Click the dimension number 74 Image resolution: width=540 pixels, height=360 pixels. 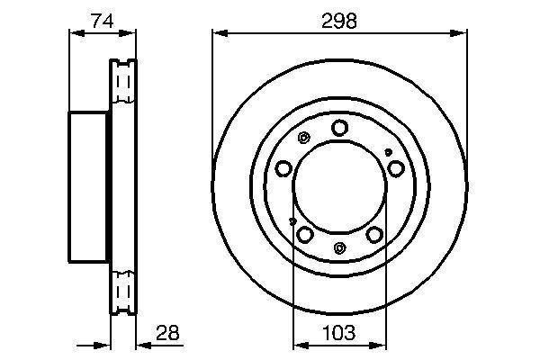coord(101,20)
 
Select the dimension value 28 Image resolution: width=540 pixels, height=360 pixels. coord(167,332)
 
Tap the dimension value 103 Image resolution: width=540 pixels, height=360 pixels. coord(338,332)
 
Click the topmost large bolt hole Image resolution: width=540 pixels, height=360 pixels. coord(339,128)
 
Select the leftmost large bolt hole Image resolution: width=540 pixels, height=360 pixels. coord(283,168)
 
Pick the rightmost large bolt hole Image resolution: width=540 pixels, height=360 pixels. coord(396,168)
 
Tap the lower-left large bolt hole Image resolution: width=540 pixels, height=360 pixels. coord(305,234)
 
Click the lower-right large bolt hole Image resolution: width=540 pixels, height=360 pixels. coord(373,234)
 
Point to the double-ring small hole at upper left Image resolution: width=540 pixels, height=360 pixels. coord(303,139)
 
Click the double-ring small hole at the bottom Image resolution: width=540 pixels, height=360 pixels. coord(339,248)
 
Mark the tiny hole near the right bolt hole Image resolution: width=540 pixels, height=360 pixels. coord(388,152)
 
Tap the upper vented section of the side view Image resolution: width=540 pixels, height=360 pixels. coord(122,85)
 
